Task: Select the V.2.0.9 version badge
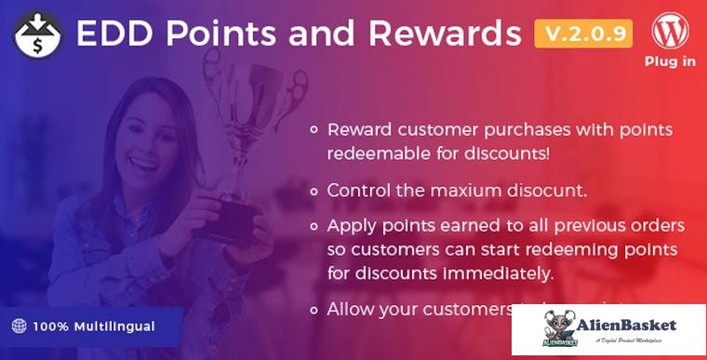point(583,34)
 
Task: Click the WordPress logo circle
point(670,32)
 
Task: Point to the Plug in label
point(670,62)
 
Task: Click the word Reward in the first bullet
point(360,129)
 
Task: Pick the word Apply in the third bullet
point(350,227)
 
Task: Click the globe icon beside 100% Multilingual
point(19,327)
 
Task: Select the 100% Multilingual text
point(94,327)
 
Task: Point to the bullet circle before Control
point(314,190)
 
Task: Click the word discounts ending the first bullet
point(520,152)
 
